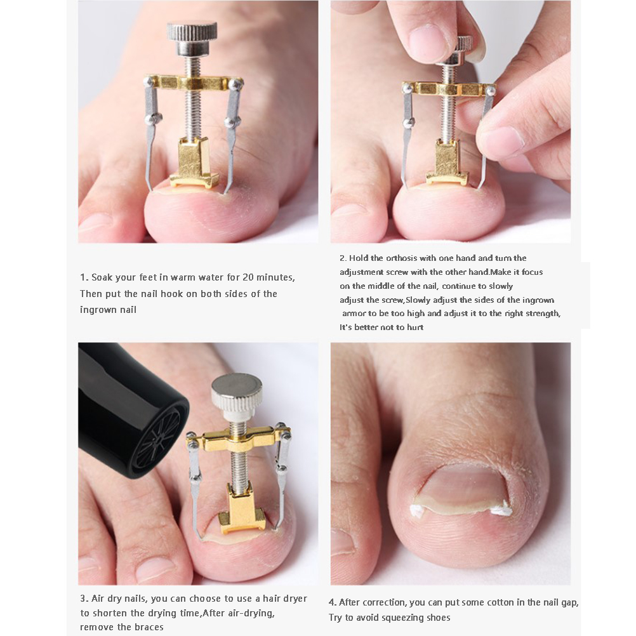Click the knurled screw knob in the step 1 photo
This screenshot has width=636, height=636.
(192, 38)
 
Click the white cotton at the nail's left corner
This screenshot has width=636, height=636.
(418, 510)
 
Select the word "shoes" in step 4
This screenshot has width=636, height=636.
(438, 618)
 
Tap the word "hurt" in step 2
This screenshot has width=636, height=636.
(415, 328)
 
